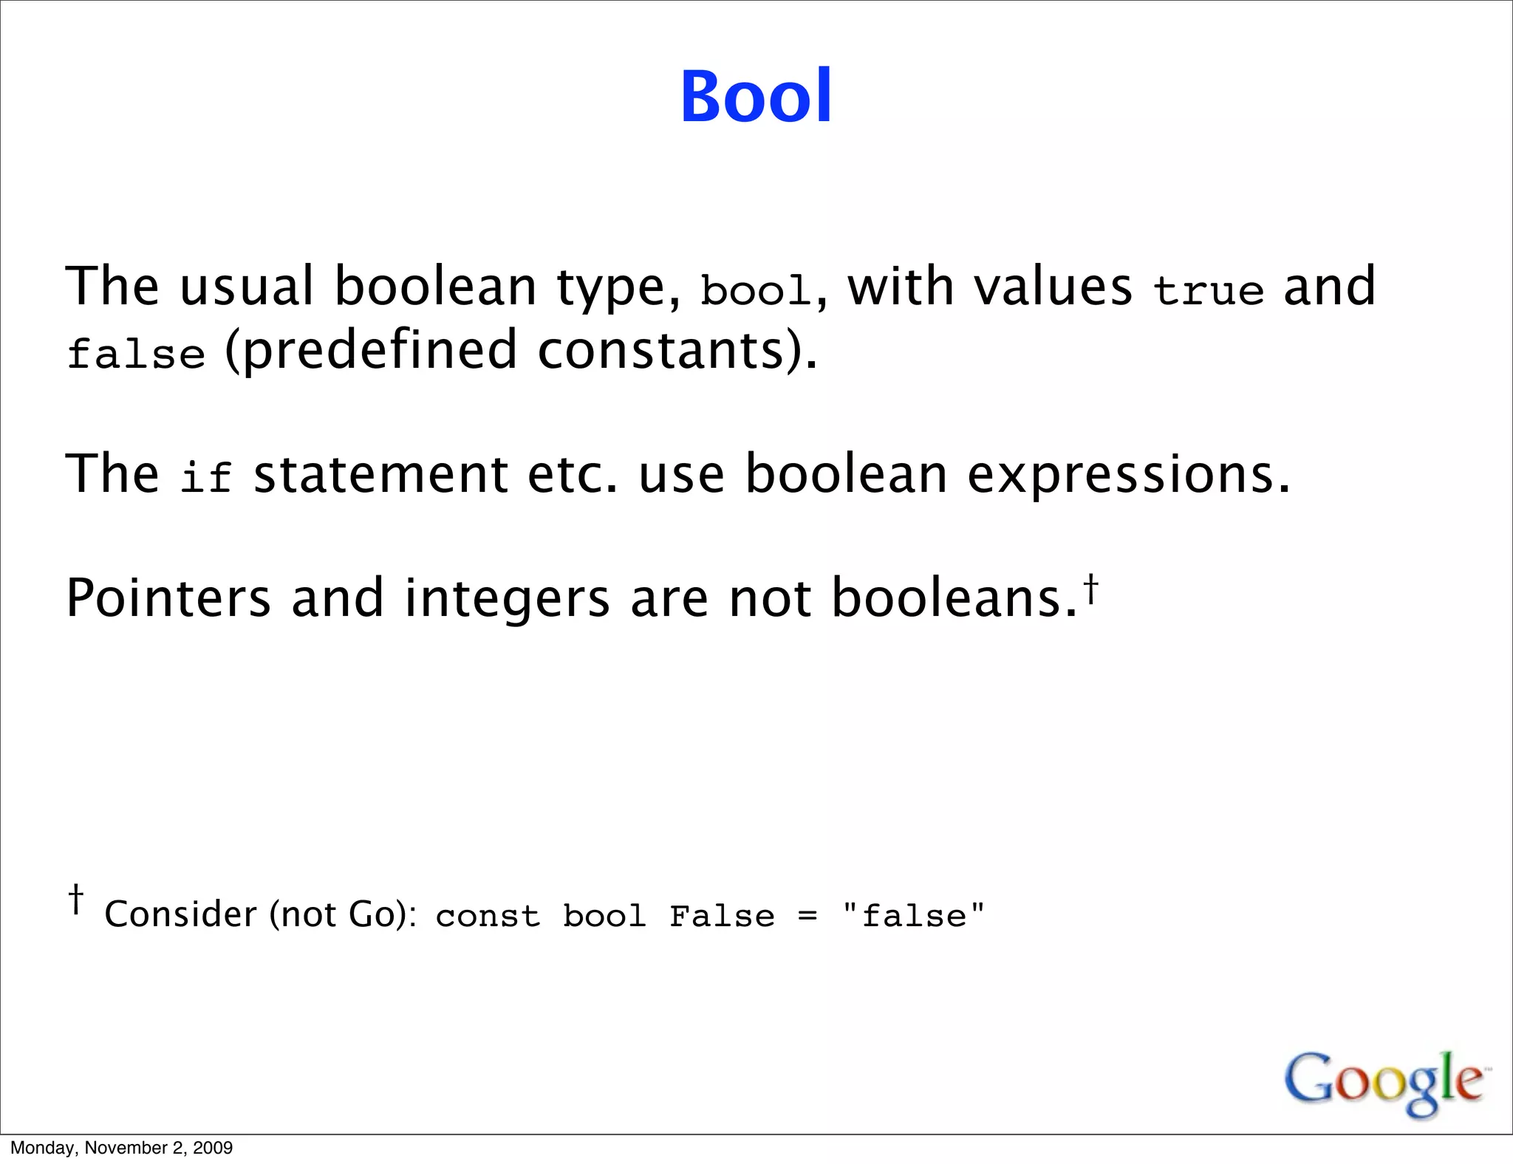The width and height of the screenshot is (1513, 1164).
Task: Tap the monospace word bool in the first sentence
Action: pyautogui.click(x=755, y=290)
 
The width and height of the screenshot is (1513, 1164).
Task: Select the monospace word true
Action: pyautogui.click(x=1208, y=290)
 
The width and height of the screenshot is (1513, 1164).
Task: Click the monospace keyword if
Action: pyautogui.click(x=206, y=476)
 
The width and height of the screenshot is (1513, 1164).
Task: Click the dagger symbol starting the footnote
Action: pyautogui.click(x=75, y=899)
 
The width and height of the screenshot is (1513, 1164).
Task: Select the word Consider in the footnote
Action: pyautogui.click(x=180, y=914)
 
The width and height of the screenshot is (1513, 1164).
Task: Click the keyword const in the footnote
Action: pyautogui.click(x=488, y=917)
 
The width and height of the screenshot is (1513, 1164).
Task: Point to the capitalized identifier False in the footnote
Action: pyautogui.click(x=722, y=917)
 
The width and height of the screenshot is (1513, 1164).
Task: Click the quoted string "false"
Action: pyautogui.click(x=913, y=916)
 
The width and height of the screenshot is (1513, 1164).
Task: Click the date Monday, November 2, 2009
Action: pyautogui.click(x=122, y=1148)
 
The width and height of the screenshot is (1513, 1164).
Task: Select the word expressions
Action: pyautogui.click(x=1129, y=475)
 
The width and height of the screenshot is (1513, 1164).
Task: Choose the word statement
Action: pyautogui.click(x=380, y=475)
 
